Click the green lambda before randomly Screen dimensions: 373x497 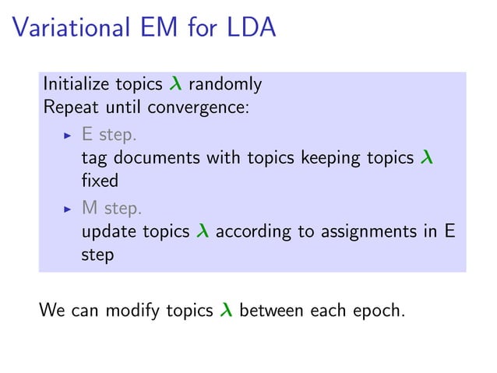coord(175,84)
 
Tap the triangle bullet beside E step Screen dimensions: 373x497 coord(67,135)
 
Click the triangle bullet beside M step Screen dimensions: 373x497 coord(67,209)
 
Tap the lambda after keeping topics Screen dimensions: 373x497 coord(425,158)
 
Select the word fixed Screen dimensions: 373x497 coord(100,180)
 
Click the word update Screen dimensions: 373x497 coord(104,232)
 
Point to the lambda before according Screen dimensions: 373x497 coord(202,232)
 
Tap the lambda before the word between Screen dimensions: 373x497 coord(227,311)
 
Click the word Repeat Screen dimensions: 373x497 coord(69,107)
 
